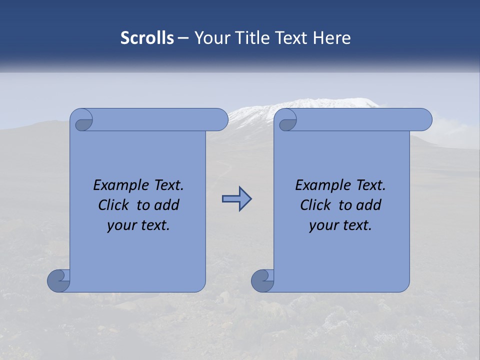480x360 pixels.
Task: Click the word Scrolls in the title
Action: pos(147,38)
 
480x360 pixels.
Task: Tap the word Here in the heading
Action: pos(332,38)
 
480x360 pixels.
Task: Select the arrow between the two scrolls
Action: pos(236,199)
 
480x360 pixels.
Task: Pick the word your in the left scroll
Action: pos(121,225)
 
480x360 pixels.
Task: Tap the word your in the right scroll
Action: pos(323,225)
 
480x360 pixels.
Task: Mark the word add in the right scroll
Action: pos(369,205)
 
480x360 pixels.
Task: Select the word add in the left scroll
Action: pos(167,205)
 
